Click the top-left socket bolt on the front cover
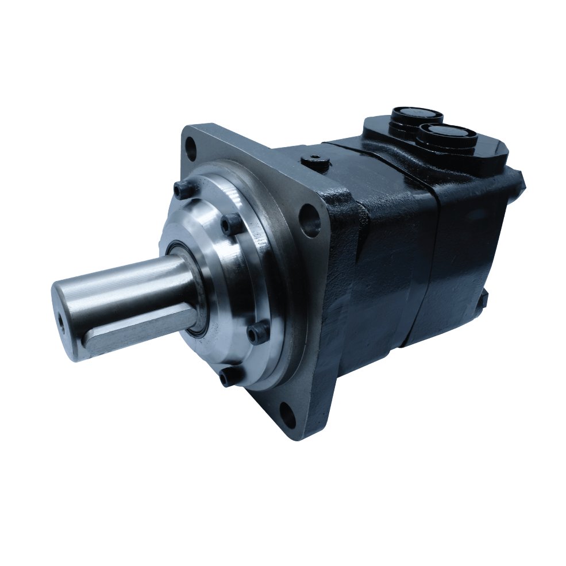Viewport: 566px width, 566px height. pyautogui.click(x=182, y=189)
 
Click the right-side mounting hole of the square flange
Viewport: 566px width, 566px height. pyautogui.click(x=310, y=220)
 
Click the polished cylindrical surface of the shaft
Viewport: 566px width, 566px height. pyautogui.click(x=132, y=287)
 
